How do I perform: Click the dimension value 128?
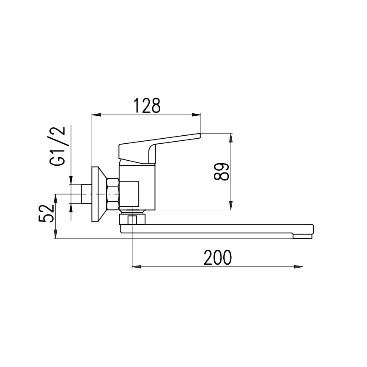[x=147, y=106]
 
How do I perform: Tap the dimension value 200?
[x=218, y=257]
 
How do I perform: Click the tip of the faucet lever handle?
[x=198, y=136]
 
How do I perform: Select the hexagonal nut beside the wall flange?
[x=114, y=194]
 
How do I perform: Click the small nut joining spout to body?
[x=133, y=219]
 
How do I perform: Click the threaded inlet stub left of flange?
[x=86, y=194]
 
